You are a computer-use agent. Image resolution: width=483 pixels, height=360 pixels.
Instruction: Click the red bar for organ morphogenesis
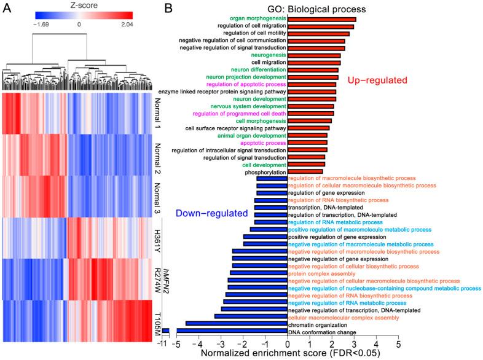[x=321, y=20]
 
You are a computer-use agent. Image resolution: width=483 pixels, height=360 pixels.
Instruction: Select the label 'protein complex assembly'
[x=324, y=273]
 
